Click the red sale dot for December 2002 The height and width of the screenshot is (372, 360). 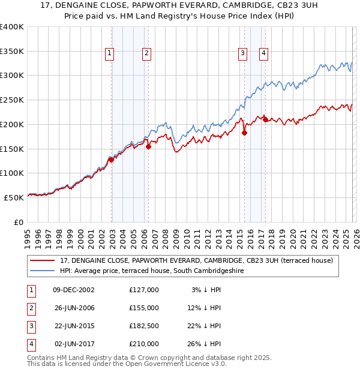111,160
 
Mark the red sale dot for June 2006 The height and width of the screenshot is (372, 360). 148,146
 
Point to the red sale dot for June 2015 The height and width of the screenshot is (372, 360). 244,133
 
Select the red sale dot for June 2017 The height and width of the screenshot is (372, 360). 265,119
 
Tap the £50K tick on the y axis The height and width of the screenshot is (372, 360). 14,197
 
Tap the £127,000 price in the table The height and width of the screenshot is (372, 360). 144,289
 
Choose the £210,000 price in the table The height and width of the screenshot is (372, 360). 144,344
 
